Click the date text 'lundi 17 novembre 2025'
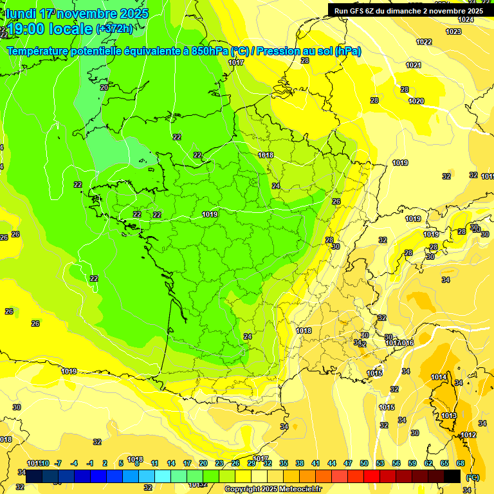[x=77, y=14]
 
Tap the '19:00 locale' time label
[x=49, y=28]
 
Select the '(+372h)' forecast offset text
[x=114, y=28]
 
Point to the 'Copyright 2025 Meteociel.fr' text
[x=273, y=489]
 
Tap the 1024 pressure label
[x=466, y=19]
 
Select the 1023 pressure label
[x=453, y=32]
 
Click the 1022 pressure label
[x=424, y=42]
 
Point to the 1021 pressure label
[x=414, y=65]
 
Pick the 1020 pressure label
[x=416, y=101]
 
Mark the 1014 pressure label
[x=439, y=377]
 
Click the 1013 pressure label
[x=449, y=416]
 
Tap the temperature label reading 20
[x=104, y=87]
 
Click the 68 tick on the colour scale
[x=461, y=463]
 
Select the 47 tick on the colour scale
[x=348, y=463]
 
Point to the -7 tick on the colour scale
[x=58, y=463]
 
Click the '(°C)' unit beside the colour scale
[x=472, y=477]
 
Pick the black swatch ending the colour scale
[x=453, y=476]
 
